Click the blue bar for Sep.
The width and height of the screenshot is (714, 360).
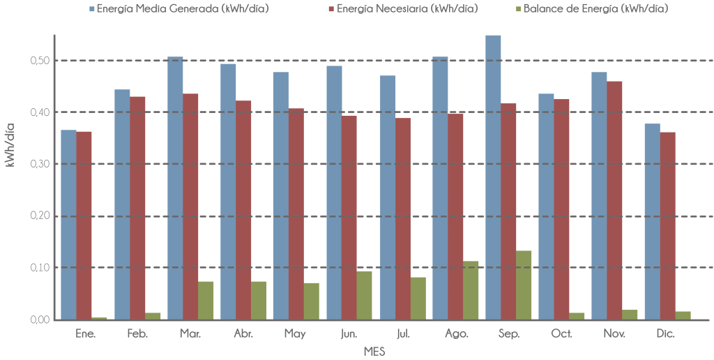493,177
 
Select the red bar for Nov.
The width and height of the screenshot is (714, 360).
615,200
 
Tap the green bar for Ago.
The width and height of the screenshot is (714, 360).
471,290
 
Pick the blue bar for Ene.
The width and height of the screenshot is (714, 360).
68,225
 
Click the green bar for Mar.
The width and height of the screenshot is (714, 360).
206,300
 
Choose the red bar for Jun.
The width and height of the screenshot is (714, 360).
349,217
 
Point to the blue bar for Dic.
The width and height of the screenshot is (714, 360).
652,221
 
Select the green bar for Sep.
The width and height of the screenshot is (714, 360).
524,285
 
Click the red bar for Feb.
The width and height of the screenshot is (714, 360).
138,207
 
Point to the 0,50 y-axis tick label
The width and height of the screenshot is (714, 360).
40,61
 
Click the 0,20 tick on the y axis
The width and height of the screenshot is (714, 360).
40,216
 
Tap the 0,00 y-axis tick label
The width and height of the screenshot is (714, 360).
40,320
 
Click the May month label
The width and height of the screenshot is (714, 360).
296,334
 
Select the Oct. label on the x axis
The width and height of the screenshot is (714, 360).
562,334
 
